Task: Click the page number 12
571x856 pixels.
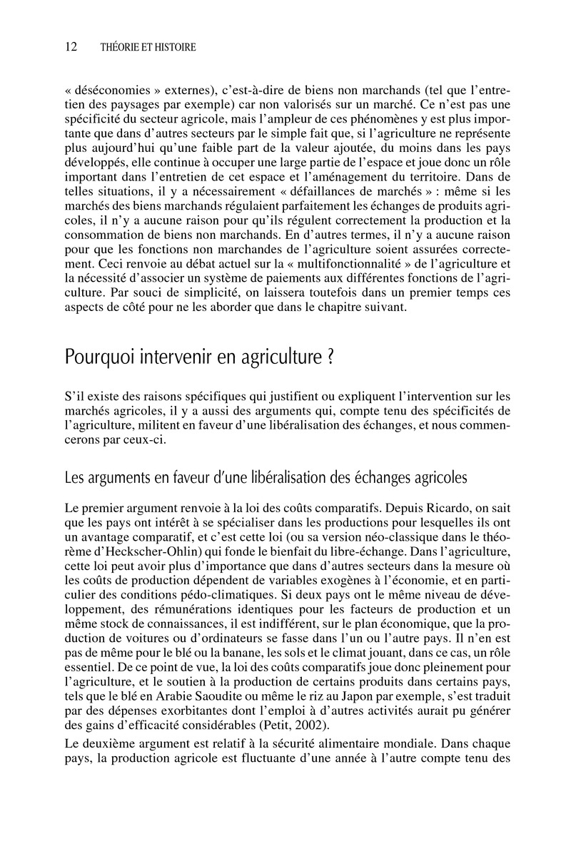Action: click(71, 47)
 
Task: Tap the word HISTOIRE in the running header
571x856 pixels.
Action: click(171, 48)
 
